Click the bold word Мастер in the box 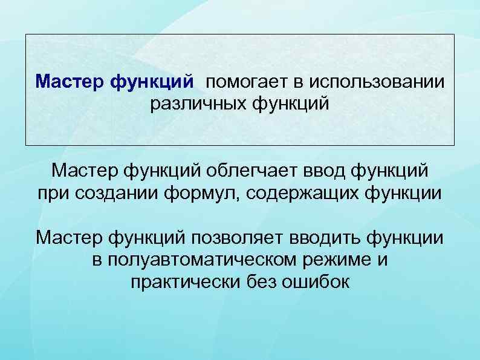click(x=70, y=80)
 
